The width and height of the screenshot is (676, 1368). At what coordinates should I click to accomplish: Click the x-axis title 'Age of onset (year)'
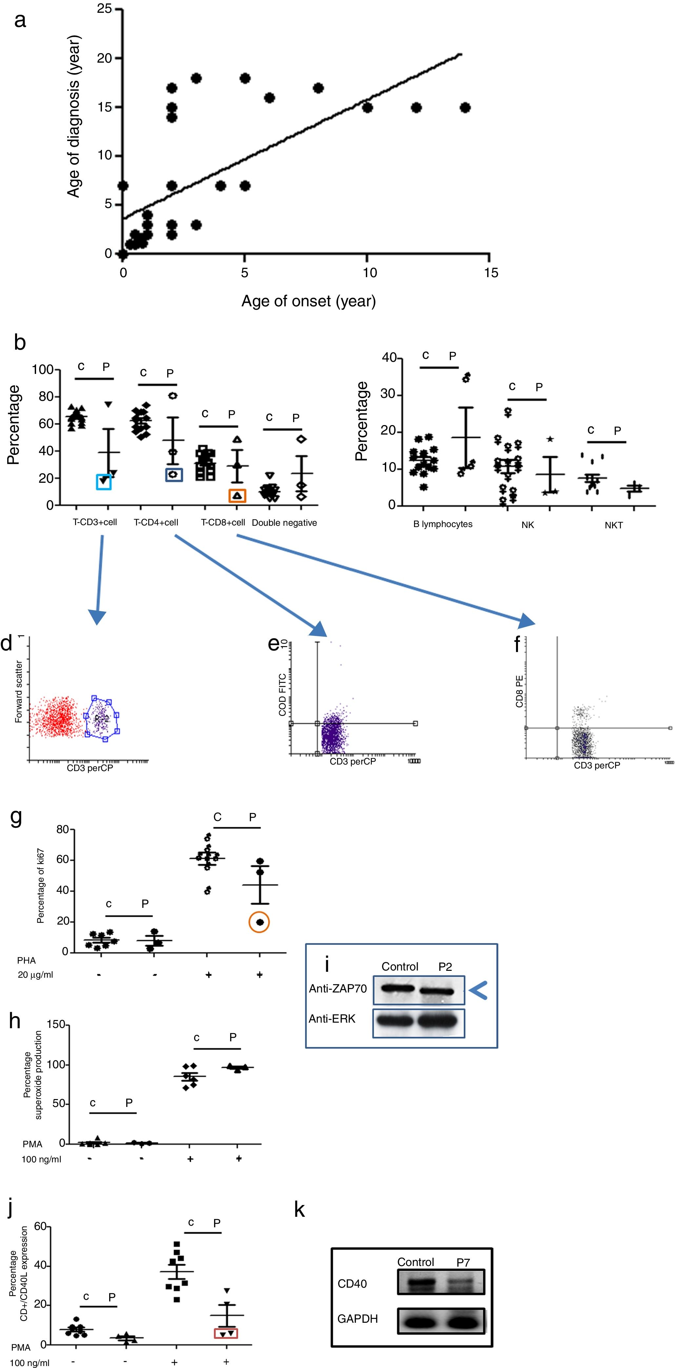308,301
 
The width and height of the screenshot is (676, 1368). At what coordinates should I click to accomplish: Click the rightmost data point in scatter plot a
465,108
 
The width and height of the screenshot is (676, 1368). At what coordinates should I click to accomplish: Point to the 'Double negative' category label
284,522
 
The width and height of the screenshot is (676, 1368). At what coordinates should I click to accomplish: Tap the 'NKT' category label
613,525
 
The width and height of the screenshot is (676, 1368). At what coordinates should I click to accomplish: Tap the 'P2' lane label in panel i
445,967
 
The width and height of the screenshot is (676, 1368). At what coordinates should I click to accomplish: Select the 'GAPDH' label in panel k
357,1318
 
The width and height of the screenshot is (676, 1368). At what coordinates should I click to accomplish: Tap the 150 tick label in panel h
56,1024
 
